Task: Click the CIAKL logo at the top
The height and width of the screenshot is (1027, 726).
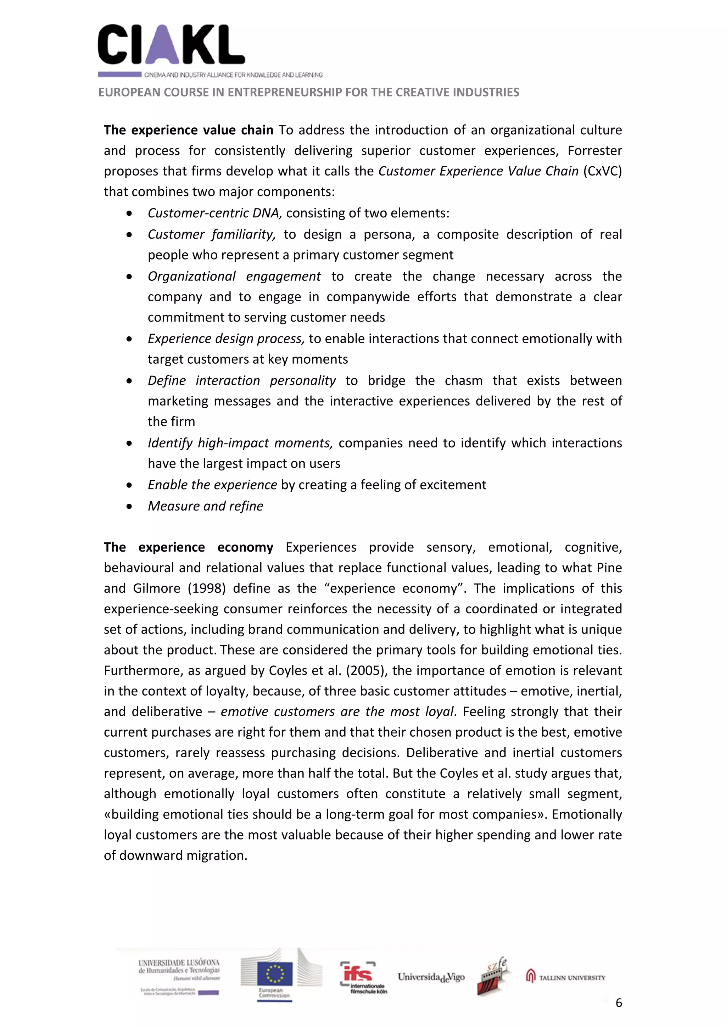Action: point(171,45)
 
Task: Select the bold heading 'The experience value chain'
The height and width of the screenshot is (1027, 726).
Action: point(188,130)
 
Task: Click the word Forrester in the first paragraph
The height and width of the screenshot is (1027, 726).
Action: point(594,151)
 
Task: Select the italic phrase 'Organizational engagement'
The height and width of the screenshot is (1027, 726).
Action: point(234,277)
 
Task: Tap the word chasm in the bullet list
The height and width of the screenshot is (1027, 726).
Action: point(463,381)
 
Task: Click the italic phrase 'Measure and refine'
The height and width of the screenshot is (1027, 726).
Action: point(205,506)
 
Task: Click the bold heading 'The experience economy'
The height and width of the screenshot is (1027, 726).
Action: point(188,547)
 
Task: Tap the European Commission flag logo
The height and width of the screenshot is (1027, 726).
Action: point(275,974)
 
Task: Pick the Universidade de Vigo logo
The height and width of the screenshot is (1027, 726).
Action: point(431,977)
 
